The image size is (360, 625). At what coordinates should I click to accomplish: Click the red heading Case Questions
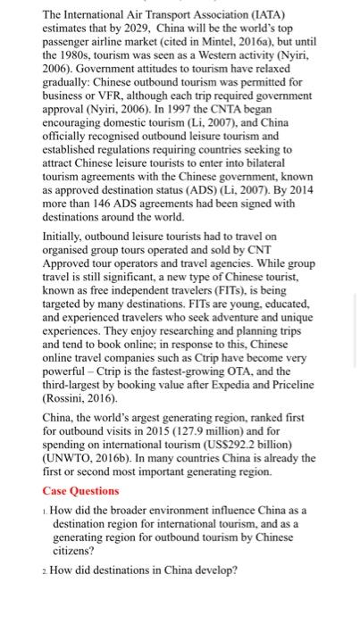[80, 490]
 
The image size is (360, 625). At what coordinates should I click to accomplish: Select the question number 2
[46, 570]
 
